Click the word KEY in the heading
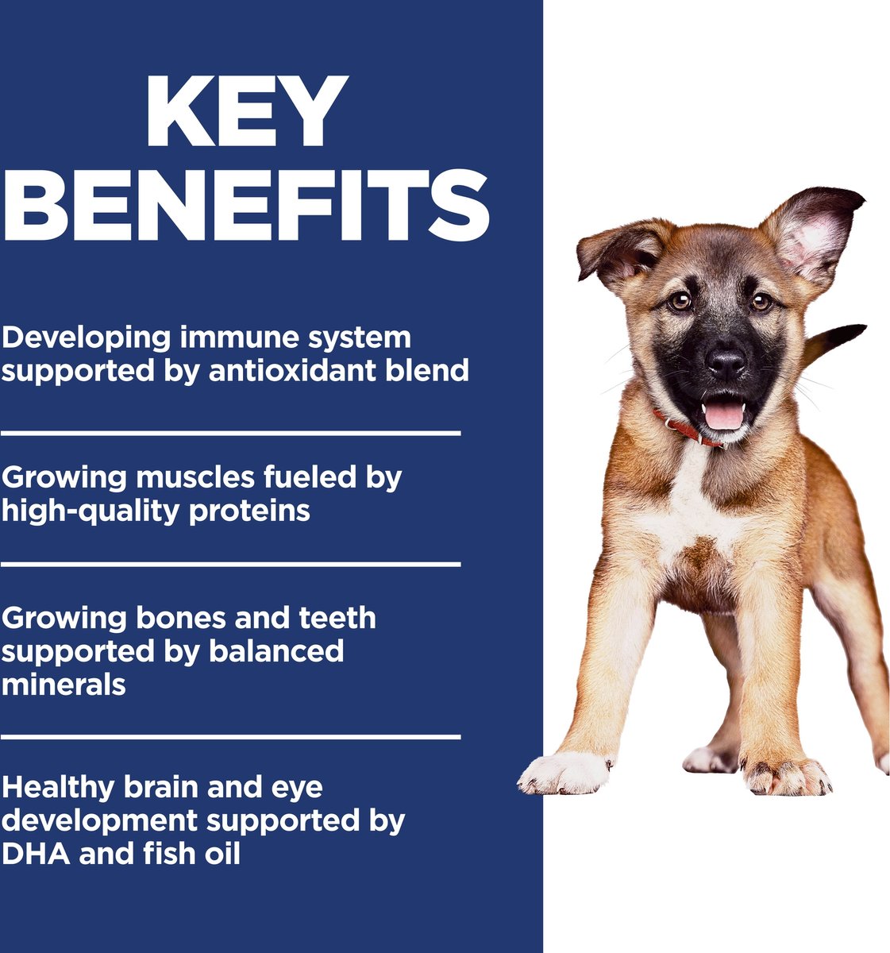point(247,111)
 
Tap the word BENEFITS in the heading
point(245,205)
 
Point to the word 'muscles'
point(195,478)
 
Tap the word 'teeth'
point(337,618)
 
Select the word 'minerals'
point(64,685)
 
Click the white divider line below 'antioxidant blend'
point(231,434)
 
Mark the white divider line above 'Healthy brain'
point(231,736)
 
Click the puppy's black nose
point(726,362)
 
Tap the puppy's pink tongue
point(723,415)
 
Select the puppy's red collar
point(685,429)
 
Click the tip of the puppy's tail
point(864,326)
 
